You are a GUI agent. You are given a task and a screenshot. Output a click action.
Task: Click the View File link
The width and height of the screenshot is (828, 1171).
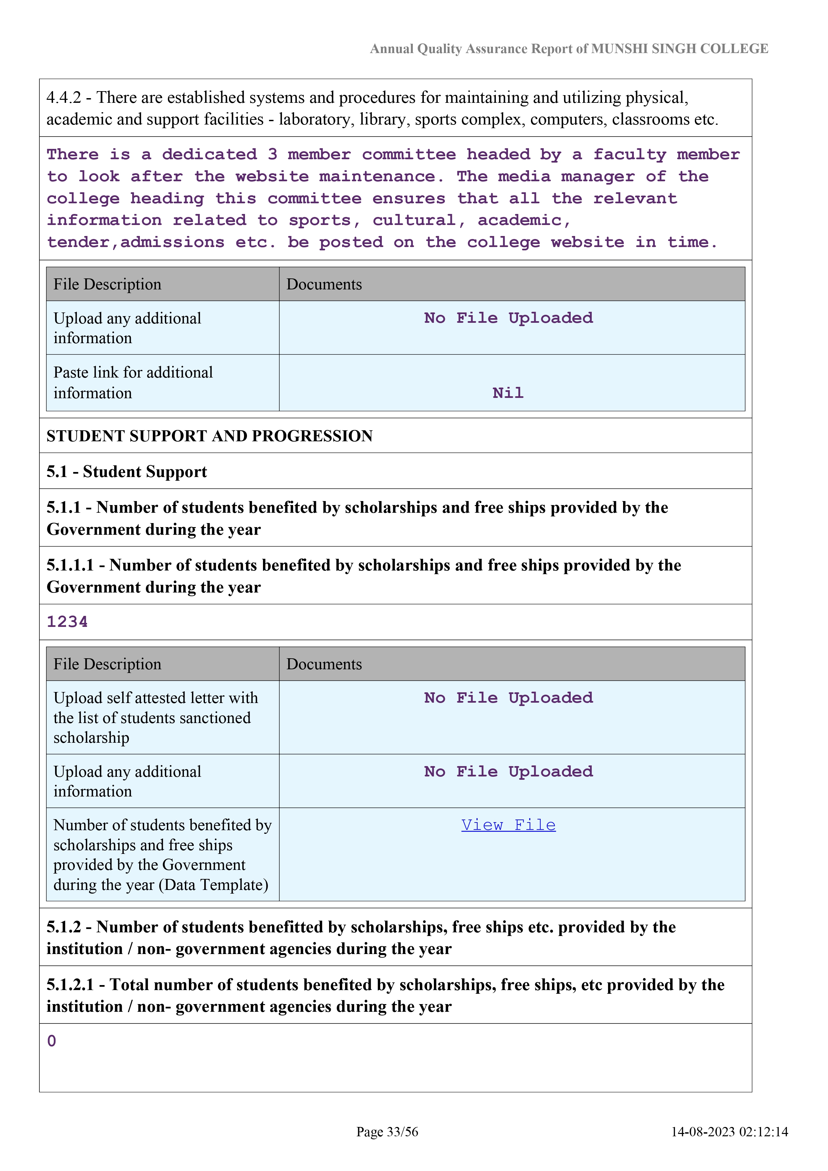coord(508,825)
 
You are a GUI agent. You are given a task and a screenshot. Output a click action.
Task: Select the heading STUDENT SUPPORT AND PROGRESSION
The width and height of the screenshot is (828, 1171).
coord(210,436)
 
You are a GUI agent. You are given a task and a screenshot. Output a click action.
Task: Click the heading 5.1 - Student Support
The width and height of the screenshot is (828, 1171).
coord(126,472)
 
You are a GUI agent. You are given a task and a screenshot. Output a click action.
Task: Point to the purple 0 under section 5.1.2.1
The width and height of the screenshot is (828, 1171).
coord(51,1040)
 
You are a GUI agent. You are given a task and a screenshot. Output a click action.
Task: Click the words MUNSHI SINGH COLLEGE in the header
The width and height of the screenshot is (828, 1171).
coord(679,49)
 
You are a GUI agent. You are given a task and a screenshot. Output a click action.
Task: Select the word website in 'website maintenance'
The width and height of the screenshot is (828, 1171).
coord(272,177)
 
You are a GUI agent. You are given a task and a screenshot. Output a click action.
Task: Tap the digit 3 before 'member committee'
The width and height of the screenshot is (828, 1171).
coord(272,155)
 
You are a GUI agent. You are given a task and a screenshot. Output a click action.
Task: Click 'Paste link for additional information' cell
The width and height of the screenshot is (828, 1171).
coord(133,383)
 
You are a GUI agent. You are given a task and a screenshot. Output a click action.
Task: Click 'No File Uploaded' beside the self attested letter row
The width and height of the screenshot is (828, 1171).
coord(508,698)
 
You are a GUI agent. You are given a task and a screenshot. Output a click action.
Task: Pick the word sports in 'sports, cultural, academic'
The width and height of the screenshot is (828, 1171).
coord(320,220)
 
